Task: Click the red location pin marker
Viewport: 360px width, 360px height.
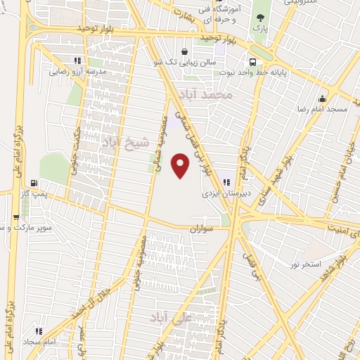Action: [x=182, y=166]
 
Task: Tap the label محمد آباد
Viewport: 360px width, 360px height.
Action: [x=215, y=94]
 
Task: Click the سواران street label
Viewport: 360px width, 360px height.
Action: [x=201, y=229]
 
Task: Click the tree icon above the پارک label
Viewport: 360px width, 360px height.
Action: [x=261, y=18]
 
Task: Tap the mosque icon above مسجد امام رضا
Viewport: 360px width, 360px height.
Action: [x=323, y=98]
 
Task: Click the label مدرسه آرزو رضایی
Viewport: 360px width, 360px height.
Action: [x=77, y=72]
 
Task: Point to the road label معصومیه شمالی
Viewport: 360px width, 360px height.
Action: [x=162, y=145]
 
